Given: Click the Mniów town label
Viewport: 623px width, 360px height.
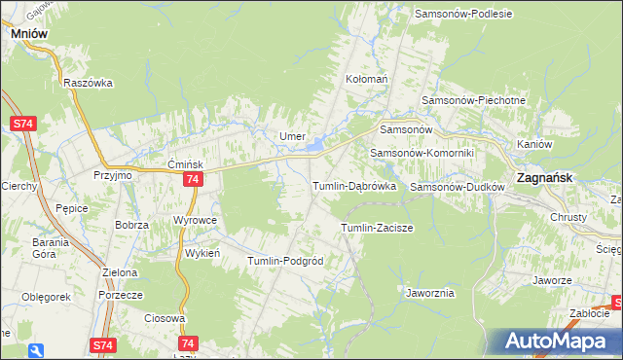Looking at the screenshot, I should (29, 32).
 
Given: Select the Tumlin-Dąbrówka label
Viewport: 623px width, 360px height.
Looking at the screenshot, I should (352, 185).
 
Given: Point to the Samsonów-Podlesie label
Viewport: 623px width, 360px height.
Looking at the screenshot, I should (463, 14).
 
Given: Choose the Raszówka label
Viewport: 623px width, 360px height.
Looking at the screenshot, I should (89, 83).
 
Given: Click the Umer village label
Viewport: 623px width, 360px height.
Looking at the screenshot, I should (293, 136).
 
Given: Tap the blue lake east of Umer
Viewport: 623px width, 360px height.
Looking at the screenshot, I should (316, 147).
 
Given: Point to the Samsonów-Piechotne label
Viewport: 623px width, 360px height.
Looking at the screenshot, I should (473, 100).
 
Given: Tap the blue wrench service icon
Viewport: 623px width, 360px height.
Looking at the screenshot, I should (36, 350).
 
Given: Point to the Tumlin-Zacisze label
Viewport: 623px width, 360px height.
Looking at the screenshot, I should (377, 228).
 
